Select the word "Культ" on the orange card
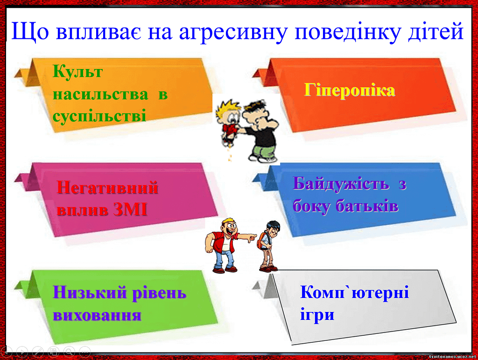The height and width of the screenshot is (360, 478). click(78, 72)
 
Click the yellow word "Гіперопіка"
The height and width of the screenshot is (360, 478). click(349, 90)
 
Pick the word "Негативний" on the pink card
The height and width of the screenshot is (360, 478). click(107, 187)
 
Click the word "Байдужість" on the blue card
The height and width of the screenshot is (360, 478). click(341, 184)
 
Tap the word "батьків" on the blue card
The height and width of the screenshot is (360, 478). click(367, 206)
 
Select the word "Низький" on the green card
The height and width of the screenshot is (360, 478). click(90, 293)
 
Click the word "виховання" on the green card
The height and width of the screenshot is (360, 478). click(97, 315)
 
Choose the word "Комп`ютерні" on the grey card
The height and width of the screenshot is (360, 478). click(355, 292)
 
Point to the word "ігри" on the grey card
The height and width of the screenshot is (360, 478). click(317, 315)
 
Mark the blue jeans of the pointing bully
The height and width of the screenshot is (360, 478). click(225, 259)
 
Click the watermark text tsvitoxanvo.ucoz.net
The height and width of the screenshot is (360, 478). click(452, 356)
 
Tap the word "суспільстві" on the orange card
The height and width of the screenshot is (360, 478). click(99, 116)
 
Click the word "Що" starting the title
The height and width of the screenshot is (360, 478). click(30, 31)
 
